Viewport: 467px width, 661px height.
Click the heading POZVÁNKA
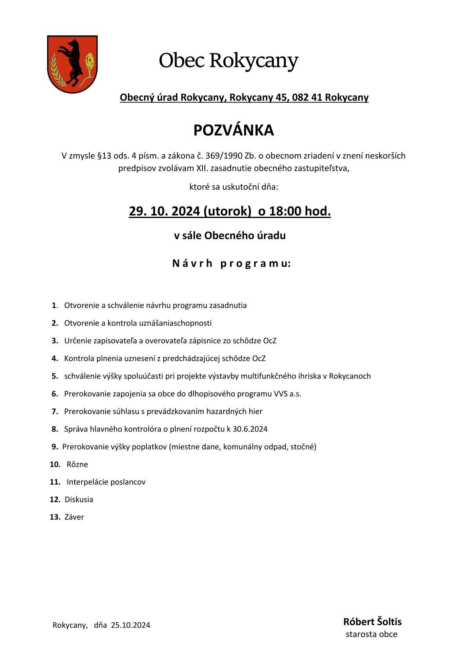[x=233, y=130]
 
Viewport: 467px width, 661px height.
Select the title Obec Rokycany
[x=228, y=61]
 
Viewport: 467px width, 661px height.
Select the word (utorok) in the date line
[x=227, y=211]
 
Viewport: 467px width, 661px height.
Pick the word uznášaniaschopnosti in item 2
[x=175, y=323]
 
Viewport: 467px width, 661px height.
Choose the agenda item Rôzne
[x=77, y=465]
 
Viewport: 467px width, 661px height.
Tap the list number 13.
[x=55, y=517]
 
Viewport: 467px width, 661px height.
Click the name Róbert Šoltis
[x=372, y=622]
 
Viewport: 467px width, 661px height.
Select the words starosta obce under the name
[x=371, y=634]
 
